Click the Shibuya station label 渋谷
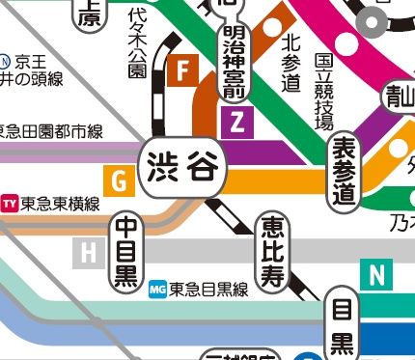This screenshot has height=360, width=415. pyautogui.click(x=183, y=168)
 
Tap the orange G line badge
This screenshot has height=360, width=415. pyautogui.click(x=120, y=180)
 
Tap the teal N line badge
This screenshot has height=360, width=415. pyautogui.click(x=374, y=276)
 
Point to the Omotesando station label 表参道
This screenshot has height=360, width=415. pyautogui.click(x=343, y=170)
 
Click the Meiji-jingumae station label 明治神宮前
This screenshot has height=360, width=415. pyautogui.click(x=232, y=59)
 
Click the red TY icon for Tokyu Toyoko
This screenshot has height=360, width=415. pyautogui.click(x=11, y=203)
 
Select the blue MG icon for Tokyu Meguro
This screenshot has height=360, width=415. pyautogui.click(x=160, y=288)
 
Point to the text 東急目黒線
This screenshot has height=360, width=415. pyautogui.click(x=209, y=288)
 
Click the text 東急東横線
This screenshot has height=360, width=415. pyautogui.click(x=61, y=203)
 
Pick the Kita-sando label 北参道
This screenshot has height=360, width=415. pyautogui.click(x=291, y=63)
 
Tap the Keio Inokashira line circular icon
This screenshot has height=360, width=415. pyautogui.click(x=8, y=59)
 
